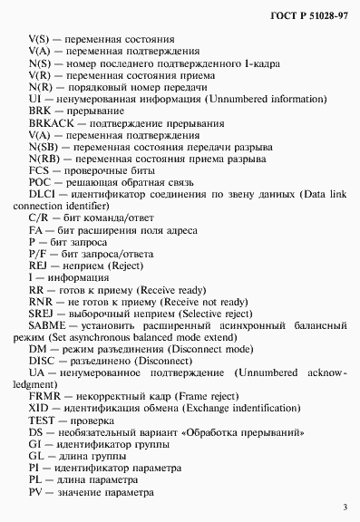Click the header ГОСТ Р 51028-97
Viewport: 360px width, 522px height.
(307, 16)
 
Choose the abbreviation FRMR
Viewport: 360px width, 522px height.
(44, 396)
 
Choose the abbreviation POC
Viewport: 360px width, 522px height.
(40, 181)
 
